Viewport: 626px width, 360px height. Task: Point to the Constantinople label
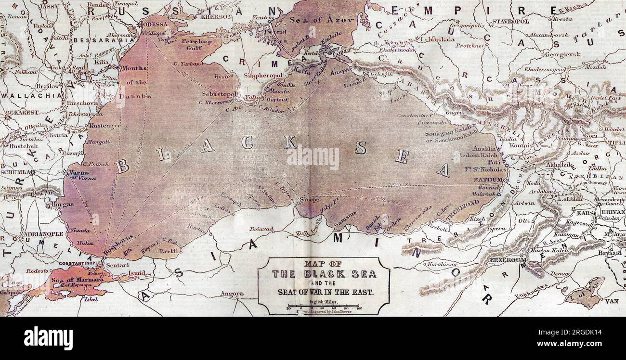80,263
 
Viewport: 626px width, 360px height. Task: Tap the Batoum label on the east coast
488,179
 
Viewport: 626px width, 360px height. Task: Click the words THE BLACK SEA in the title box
324,274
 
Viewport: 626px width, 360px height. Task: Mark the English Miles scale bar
324,306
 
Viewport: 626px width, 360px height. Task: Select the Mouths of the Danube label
136,82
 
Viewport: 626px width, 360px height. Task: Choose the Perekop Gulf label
197,45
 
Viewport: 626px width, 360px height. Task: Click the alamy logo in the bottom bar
48,338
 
